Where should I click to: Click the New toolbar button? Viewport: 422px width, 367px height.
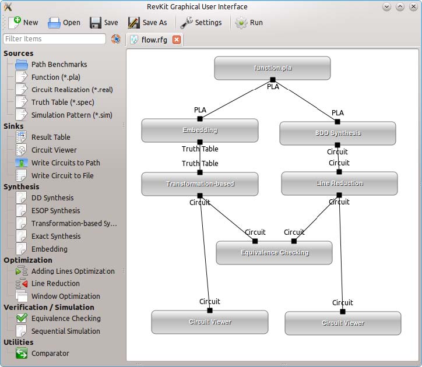(23, 23)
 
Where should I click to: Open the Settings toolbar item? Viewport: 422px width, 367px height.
(201, 23)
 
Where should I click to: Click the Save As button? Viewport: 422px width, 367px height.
(147, 23)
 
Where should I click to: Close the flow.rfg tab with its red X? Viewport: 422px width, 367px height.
(177, 40)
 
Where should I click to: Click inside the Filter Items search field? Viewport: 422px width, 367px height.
(54, 39)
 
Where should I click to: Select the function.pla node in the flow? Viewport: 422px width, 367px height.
(272, 68)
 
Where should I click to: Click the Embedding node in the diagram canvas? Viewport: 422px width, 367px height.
(200, 130)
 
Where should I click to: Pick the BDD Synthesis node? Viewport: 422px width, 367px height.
(337, 133)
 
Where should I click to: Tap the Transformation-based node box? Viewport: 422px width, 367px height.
(200, 184)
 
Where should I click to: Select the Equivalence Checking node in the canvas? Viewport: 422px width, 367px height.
(275, 253)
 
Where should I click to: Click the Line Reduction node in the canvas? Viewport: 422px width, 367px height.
(339, 183)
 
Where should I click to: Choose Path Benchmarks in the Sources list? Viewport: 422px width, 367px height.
(59, 65)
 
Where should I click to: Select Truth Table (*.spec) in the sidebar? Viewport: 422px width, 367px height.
(63, 103)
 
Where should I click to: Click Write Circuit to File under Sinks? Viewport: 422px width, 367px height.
(62, 176)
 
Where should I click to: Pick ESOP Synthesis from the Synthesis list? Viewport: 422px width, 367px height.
(55, 211)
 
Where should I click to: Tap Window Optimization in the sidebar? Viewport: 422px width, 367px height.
(65, 297)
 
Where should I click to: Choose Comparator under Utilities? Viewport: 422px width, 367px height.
(50, 354)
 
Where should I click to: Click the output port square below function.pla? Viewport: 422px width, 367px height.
(273, 80)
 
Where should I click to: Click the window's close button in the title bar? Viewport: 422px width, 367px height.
(413, 7)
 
